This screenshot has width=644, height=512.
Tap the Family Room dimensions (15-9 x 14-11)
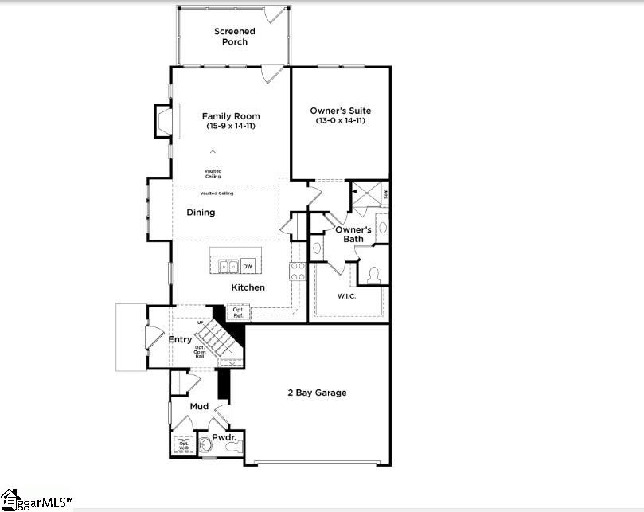point(231,127)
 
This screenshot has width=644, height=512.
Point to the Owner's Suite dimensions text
point(340,121)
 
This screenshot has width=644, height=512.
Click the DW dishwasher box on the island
point(248,266)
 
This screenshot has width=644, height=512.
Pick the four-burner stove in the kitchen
point(298,271)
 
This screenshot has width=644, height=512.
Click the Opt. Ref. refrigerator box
point(238,312)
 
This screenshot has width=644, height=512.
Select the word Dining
point(201,213)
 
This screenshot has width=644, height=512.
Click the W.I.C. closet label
point(346,296)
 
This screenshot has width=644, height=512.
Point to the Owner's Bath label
point(353,234)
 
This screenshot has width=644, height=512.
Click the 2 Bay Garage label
point(317,393)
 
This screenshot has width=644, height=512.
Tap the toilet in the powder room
point(232,448)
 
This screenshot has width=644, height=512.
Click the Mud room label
point(199,407)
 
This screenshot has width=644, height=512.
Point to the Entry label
point(180,340)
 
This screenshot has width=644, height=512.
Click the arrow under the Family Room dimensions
point(213,155)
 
